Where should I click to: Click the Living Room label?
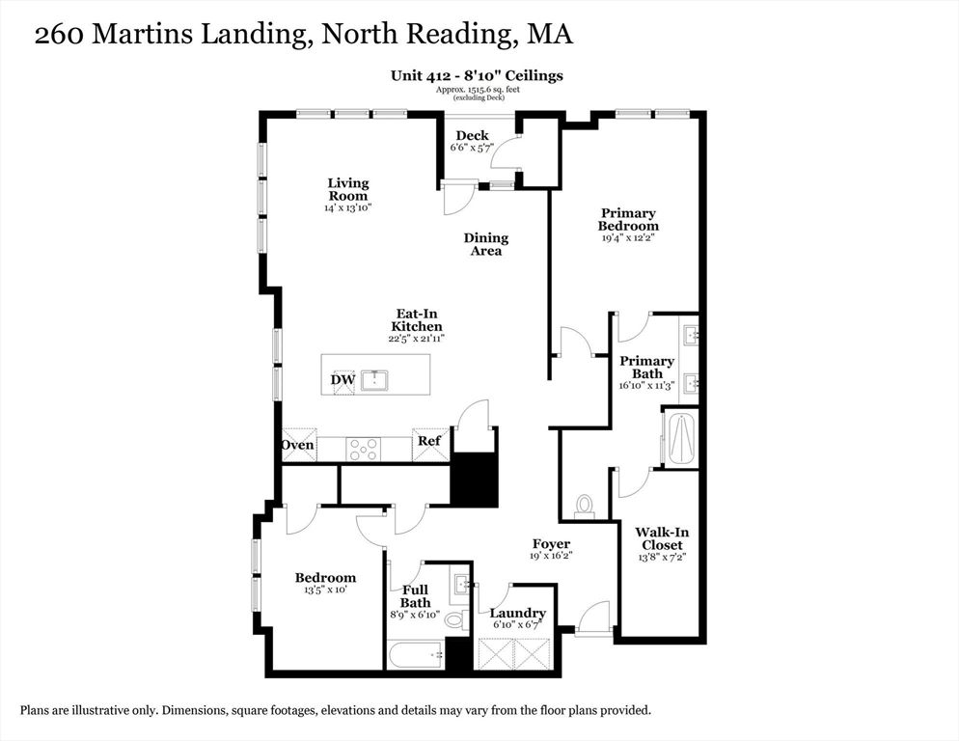(x=348, y=189)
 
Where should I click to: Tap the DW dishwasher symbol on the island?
(x=343, y=380)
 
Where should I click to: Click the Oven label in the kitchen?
(x=298, y=445)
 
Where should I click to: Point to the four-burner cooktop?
(x=364, y=450)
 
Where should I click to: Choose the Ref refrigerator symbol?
(x=429, y=441)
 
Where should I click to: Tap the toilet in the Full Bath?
(x=453, y=619)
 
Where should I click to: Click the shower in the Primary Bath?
(x=680, y=439)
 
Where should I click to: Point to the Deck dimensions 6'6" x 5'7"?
(x=472, y=148)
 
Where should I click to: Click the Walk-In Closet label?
(x=662, y=538)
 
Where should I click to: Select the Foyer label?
(x=551, y=543)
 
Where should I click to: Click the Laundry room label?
(x=517, y=613)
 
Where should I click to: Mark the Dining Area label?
(x=486, y=244)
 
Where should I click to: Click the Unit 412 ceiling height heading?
(x=477, y=76)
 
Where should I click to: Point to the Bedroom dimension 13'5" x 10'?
(x=325, y=590)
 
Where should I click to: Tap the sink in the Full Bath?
(x=460, y=583)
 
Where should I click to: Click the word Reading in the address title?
(x=457, y=35)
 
